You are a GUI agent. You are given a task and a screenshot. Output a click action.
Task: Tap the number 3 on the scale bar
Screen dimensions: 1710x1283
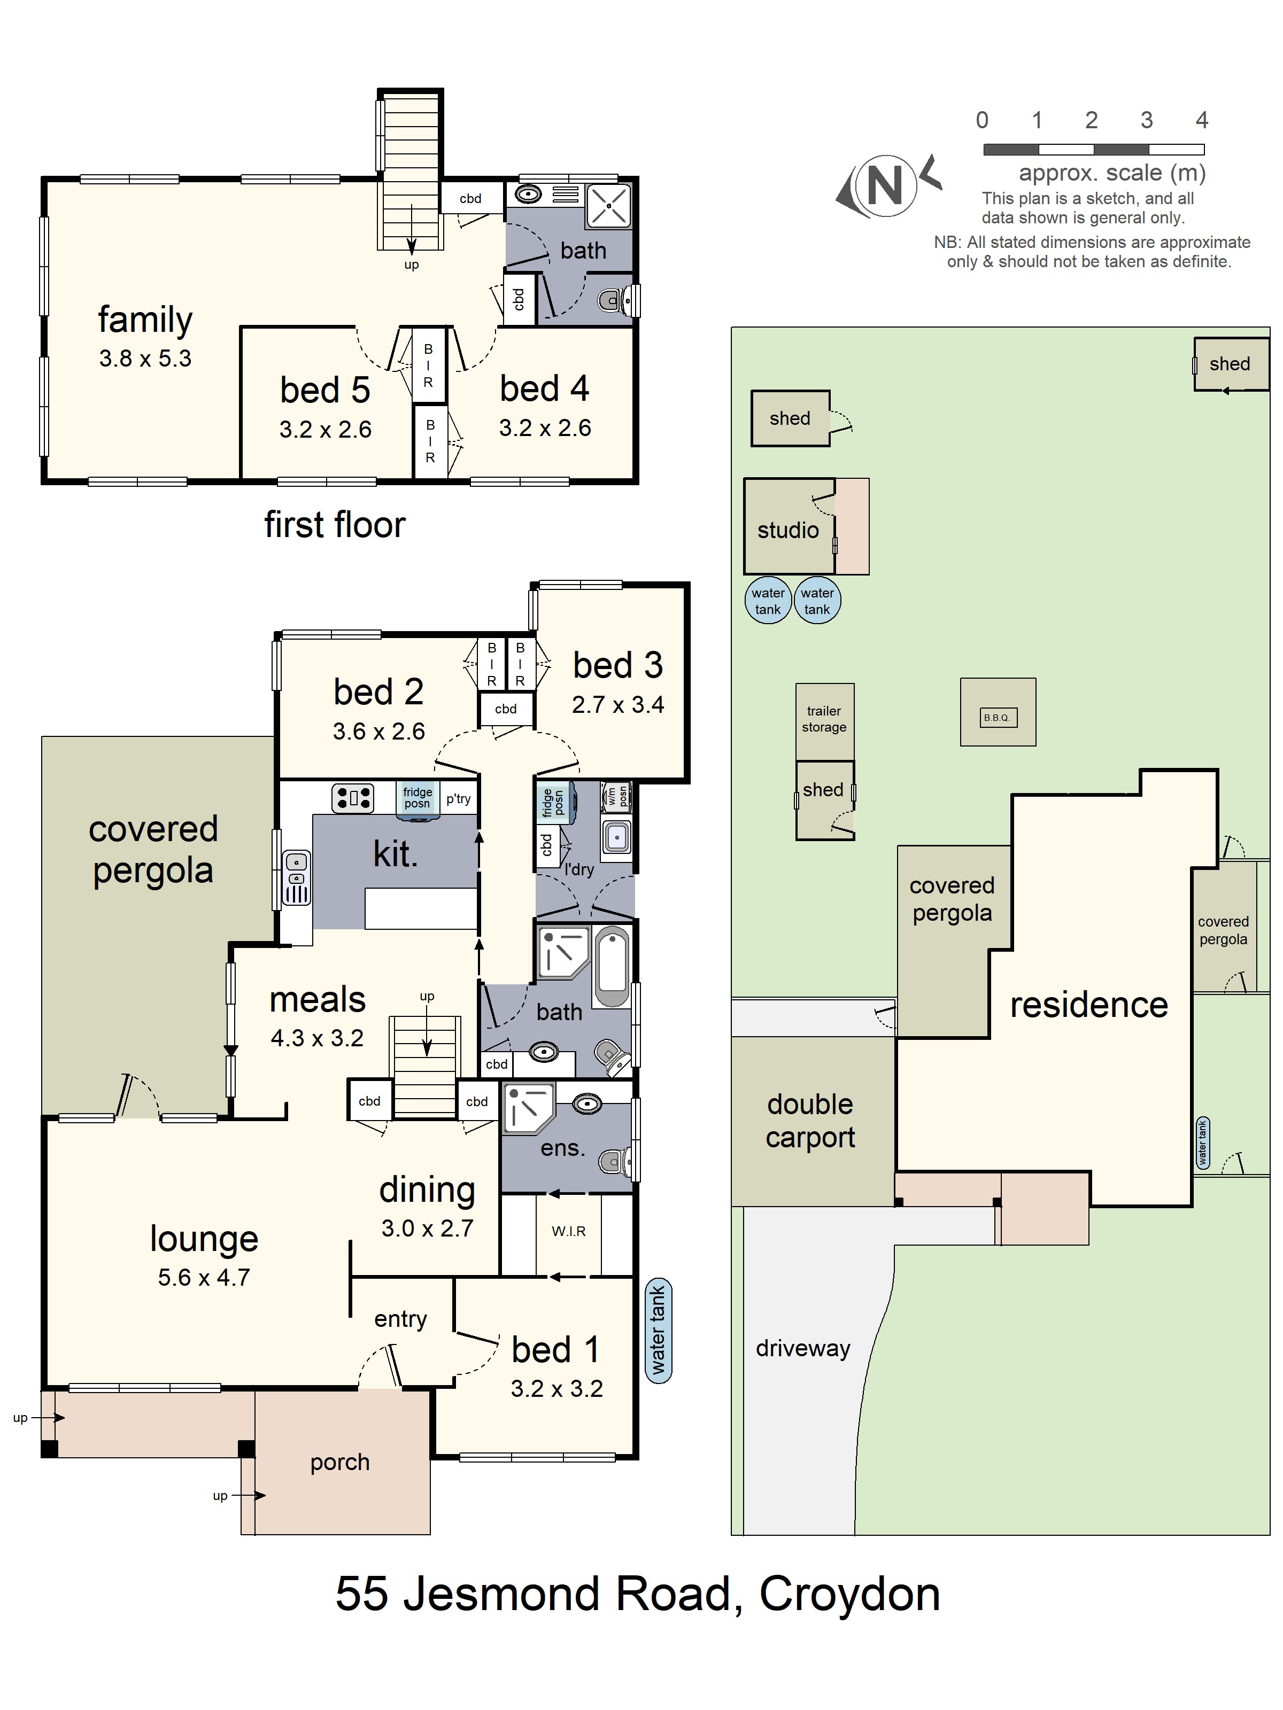pyautogui.click(x=1146, y=121)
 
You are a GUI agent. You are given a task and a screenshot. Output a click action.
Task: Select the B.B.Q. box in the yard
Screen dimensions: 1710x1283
pyautogui.click(x=997, y=717)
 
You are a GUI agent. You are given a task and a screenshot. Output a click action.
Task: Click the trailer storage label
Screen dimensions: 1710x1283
pyautogui.click(x=824, y=718)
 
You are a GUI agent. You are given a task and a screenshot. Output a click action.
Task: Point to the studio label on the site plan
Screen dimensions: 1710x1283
pyautogui.click(x=787, y=530)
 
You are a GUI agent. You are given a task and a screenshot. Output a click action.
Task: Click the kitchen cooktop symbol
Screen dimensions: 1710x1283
pyautogui.click(x=353, y=798)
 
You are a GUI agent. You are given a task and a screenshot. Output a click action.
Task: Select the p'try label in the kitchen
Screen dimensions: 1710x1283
pyautogui.click(x=458, y=798)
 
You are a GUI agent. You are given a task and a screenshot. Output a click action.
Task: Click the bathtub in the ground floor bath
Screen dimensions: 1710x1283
pyautogui.click(x=613, y=966)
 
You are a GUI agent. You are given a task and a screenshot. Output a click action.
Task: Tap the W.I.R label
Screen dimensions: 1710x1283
pyautogui.click(x=568, y=1231)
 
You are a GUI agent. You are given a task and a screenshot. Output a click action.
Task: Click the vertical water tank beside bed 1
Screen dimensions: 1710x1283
pyautogui.click(x=658, y=1329)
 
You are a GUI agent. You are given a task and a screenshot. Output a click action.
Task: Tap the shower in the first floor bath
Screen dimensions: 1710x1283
pyautogui.click(x=609, y=206)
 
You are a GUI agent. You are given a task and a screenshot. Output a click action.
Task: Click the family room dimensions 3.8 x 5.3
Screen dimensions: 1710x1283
pyautogui.click(x=145, y=358)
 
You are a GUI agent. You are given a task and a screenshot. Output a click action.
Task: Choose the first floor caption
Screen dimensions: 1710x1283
pyautogui.click(x=334, y=524)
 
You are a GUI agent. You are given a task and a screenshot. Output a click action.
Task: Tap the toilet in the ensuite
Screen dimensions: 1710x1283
pyautogui.click(x=616, y=1160)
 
